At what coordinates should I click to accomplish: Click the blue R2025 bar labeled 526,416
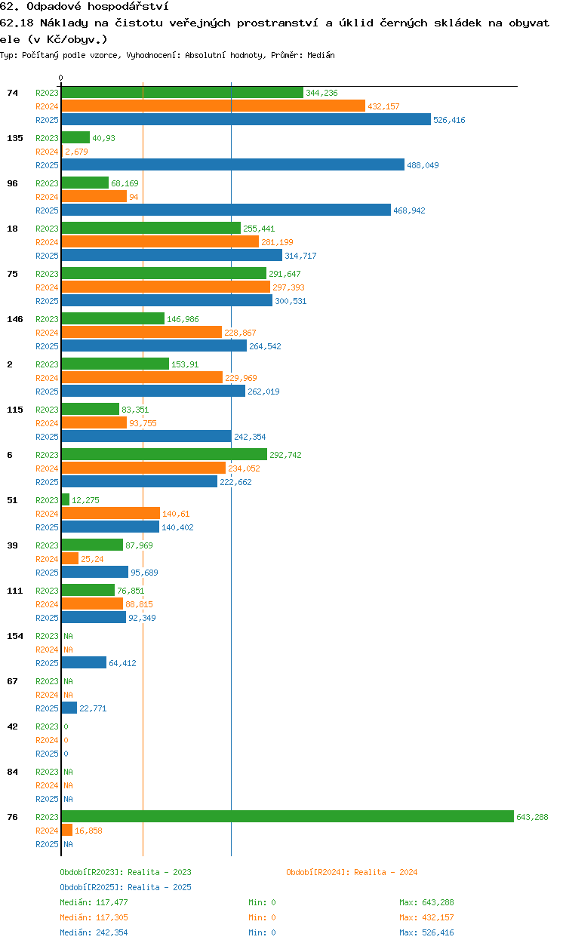pos(246,119)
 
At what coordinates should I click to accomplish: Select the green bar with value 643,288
pos(288,816)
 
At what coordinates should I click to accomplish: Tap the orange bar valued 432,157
pos(214,106)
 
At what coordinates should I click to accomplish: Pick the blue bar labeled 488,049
pos(232,164)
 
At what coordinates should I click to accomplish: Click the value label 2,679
pos(76,152)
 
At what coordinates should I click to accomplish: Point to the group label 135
pos(15,138)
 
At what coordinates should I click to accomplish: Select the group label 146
pos(15,319)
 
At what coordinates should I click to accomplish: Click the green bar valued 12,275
pos(66,499)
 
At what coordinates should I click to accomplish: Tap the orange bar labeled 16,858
pos(66,830)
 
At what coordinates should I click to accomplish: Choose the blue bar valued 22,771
pos(69,708)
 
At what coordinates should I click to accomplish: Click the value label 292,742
pos(285,455)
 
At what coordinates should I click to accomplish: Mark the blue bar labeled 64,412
pos(84,662)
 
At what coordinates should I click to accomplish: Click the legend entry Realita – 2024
pos(352,873)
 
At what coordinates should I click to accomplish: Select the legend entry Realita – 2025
pos(125,887)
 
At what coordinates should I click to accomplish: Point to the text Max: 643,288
pos(426,902)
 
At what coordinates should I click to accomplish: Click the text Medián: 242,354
pos(94,932)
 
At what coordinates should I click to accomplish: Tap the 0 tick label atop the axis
pos(61,78)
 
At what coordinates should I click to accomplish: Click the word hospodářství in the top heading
pos(128,6)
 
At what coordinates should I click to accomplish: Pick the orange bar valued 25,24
pos(70,558)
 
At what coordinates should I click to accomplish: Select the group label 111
pos(15,591)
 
